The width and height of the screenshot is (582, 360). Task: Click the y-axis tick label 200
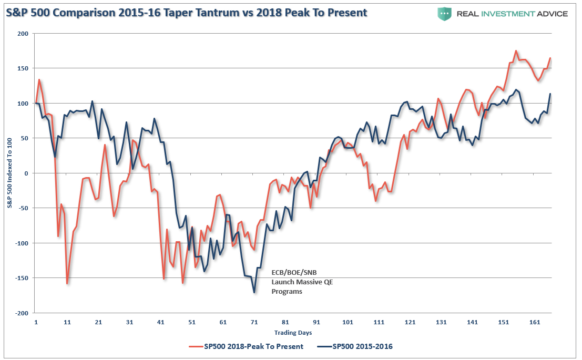(23, 34)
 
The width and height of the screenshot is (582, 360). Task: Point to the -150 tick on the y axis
(22, 278)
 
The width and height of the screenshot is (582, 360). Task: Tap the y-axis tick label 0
(26, 173)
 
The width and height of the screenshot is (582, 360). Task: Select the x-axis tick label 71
(254, 322)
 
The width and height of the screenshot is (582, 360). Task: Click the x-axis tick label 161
(535, 322)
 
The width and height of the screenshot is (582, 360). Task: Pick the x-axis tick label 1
(36, 322)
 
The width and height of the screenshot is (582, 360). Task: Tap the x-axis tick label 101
(348, 322)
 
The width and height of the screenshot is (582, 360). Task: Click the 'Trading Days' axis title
(293, 333)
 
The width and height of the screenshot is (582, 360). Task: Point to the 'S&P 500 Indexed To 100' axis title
(9, 173)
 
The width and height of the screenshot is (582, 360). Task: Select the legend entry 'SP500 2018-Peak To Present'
(246, 347)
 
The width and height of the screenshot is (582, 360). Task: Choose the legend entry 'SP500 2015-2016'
(355, 347)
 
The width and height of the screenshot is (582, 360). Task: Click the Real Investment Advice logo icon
(444, 14)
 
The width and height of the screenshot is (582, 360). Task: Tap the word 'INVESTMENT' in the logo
(508, 14)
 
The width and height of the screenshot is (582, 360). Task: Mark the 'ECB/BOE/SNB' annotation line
(294, 272)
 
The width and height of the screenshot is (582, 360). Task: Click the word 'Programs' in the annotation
(287, 292)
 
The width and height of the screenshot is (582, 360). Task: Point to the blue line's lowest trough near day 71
(254, 293)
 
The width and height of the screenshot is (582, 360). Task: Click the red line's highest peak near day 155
(516, 51)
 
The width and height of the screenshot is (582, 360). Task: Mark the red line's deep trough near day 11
(67, 284)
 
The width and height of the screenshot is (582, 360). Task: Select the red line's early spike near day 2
(39, 79)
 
